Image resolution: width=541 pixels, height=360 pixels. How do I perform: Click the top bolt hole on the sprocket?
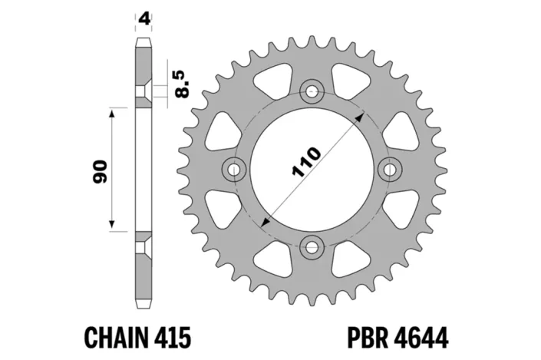point(312,92)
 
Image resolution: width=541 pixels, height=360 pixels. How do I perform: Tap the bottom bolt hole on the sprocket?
point(312,247)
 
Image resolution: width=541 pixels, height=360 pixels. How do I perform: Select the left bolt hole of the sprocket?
point(233,169)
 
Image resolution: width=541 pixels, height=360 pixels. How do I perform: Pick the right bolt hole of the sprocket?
point(390,169)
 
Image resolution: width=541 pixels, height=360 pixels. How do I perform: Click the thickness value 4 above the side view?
point(143,17)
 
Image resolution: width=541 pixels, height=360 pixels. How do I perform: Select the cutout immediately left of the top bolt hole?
point(275,81)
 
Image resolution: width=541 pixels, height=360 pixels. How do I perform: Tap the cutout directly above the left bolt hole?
point(223,130)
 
